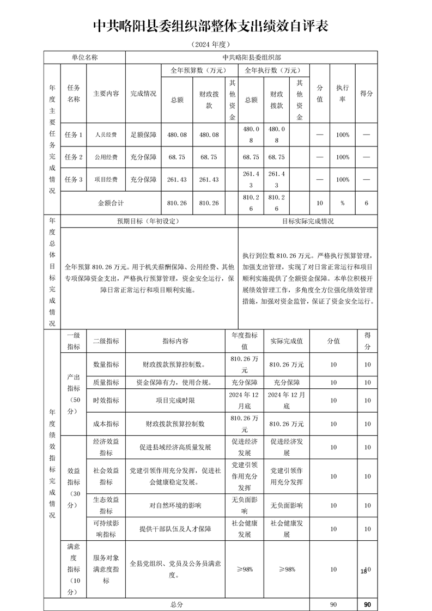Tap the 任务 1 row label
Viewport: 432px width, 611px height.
pos(74,135)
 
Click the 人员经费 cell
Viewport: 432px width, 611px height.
pos(106,135)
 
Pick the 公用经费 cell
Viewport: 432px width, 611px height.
pos(106,157)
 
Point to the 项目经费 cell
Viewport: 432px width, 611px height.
pos(106,180)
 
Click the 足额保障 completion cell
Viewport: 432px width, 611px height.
pos(143,135)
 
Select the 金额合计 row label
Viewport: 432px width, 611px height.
pos(111,203)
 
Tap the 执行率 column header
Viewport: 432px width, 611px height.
pos(343,93)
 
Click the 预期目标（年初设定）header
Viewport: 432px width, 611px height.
pos(148,222)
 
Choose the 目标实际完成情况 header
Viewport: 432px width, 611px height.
pos(308,222)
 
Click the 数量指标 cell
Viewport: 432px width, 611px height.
pos(106,364)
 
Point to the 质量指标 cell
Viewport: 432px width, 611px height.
pos(106,382)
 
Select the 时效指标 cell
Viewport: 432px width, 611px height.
pos(106,400)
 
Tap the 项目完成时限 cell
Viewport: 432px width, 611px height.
pos(175,400)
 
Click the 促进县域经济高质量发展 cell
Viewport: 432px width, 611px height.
pos(175,447)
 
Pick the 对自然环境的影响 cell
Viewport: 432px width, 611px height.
pos(175,505)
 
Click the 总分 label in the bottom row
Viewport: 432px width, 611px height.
pos(177,604)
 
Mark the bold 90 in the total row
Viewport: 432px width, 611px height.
pos(367,604)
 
